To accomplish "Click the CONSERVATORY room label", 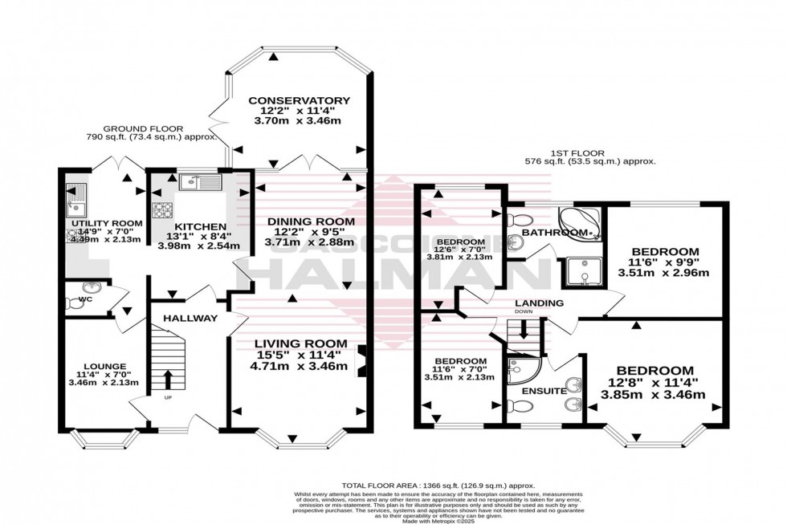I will click(x=295, y=100).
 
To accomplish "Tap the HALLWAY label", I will click(x=190, y=319).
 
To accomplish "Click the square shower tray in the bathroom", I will click(x=584, y=272).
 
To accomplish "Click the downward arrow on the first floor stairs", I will click(x=524, y=329).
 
